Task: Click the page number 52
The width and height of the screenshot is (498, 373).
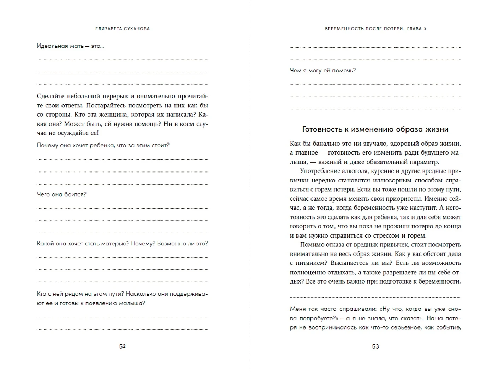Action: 122,346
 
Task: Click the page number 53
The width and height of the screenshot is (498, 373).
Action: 375,346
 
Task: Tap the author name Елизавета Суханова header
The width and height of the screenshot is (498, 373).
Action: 123,29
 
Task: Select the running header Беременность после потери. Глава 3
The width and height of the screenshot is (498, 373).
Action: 375,29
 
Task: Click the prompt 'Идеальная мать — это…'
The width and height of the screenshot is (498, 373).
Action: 70,46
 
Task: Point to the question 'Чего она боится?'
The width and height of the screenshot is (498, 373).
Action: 61,194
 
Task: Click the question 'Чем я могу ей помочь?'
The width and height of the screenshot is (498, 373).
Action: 322,71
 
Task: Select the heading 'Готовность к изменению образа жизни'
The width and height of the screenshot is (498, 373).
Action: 375,129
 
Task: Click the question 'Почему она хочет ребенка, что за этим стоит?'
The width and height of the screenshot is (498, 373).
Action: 103,145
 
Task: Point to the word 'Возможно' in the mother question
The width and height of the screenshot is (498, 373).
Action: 171,244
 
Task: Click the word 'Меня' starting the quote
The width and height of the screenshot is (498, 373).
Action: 297,309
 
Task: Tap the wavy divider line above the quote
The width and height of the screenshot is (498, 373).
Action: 375,297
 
